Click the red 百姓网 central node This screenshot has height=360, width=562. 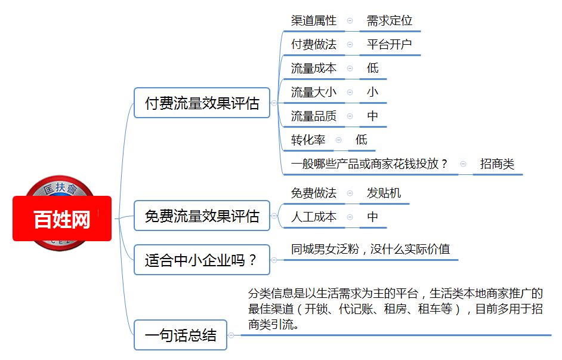pos(62,219)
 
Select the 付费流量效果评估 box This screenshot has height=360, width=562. pos(202,103)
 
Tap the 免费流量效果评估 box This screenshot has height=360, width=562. pos(202,216)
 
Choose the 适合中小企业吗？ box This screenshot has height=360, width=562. pos(202,260)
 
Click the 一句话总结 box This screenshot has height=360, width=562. pos(181,335)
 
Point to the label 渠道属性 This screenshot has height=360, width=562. pos(314,20)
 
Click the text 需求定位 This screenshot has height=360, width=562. pos(389,20)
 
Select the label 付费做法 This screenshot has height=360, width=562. pos(314,44)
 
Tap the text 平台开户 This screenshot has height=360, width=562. pos(389,44)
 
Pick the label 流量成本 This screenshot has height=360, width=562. pos(314,68)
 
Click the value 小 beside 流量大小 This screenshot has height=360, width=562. pos(372,92)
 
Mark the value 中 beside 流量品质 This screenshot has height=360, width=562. pos(372,116)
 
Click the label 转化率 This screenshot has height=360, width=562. pos(308,140)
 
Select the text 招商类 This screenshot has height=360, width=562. pos(497,164)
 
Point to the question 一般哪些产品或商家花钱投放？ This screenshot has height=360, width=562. pos(369,164)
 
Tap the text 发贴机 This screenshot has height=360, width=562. pos(384,193)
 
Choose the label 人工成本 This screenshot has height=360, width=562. pos(314,217)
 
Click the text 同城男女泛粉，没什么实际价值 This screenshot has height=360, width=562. pos(370,249)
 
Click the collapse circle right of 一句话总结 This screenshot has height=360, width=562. pos(231,336)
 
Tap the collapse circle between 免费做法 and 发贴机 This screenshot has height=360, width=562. pos(350,193)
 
